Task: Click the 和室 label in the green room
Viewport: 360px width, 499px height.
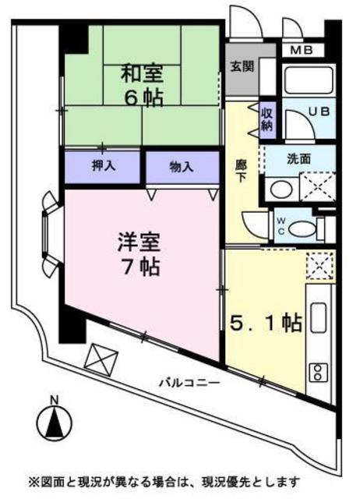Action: click(x=140, y=76)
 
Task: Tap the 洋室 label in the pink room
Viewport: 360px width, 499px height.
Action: click(x=140, y=241)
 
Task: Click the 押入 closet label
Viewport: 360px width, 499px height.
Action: click(x=103, y=166)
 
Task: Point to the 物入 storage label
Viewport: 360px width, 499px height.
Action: click(x=182, y=166)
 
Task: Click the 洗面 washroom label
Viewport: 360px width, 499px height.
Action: click(x=298, y=158)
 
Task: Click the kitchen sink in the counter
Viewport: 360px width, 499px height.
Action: click(x=319, y=317)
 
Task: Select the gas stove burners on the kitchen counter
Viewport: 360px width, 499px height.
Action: click(x=319, y=371)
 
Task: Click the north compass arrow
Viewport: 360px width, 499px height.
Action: click(x=55, y=425)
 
